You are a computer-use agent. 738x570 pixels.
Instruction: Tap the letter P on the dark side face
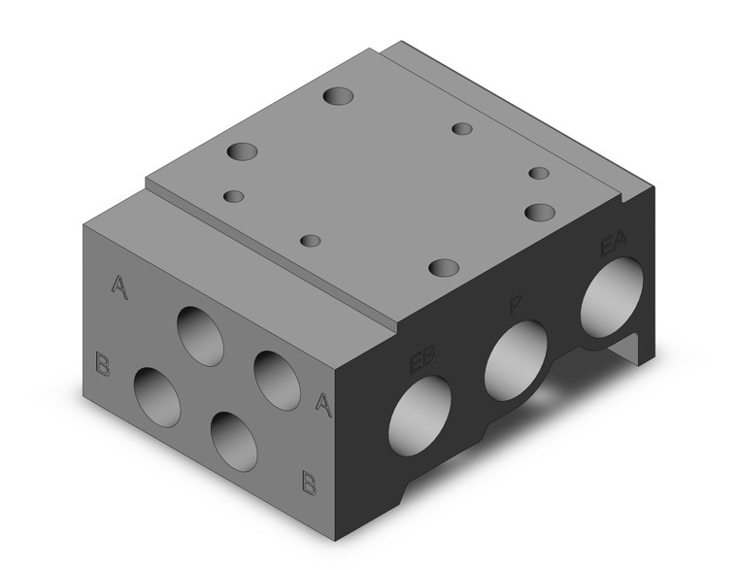click(516, 309)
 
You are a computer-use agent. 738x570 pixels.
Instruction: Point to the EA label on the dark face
click(614, 244)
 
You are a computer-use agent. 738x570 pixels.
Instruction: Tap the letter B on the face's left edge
click(102, 363)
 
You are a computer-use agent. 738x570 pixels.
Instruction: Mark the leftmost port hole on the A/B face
click(157, 396)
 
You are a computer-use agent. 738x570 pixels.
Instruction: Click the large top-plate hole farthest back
click(339, 97)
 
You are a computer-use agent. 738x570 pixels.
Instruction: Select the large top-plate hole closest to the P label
click(444, 266)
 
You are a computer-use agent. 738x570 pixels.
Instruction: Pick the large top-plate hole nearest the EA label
click(539, 211)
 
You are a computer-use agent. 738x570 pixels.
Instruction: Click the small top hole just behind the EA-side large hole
click(540, 173)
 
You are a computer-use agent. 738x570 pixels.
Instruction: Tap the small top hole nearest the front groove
click(311, 240)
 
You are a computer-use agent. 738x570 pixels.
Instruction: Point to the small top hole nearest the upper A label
click(233, 196)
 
